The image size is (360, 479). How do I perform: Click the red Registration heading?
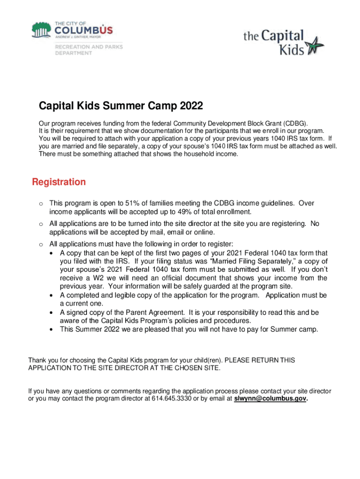coord(59,182)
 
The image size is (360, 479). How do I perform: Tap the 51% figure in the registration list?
coord(132,203)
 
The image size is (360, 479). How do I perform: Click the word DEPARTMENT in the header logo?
coord(74,53)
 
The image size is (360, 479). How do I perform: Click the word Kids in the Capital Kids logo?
coord(292,49)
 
